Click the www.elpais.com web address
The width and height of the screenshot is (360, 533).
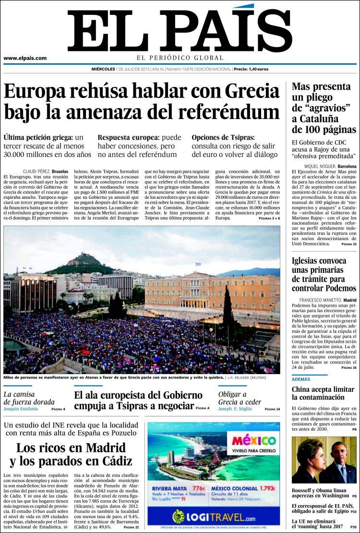click(x=25, y=59)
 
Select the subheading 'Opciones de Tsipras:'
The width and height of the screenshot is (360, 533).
click(x=223, y=137)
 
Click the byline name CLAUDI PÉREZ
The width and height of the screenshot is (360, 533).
click(x=38, y=171)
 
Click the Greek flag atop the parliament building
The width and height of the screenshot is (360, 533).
click(x=198, y=264)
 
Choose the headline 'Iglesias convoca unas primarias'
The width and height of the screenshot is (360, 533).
click(x=319, y=265)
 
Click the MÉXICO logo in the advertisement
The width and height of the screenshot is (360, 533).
click(x=252, y=440)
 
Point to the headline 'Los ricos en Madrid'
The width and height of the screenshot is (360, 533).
click(x=71, y=448)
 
